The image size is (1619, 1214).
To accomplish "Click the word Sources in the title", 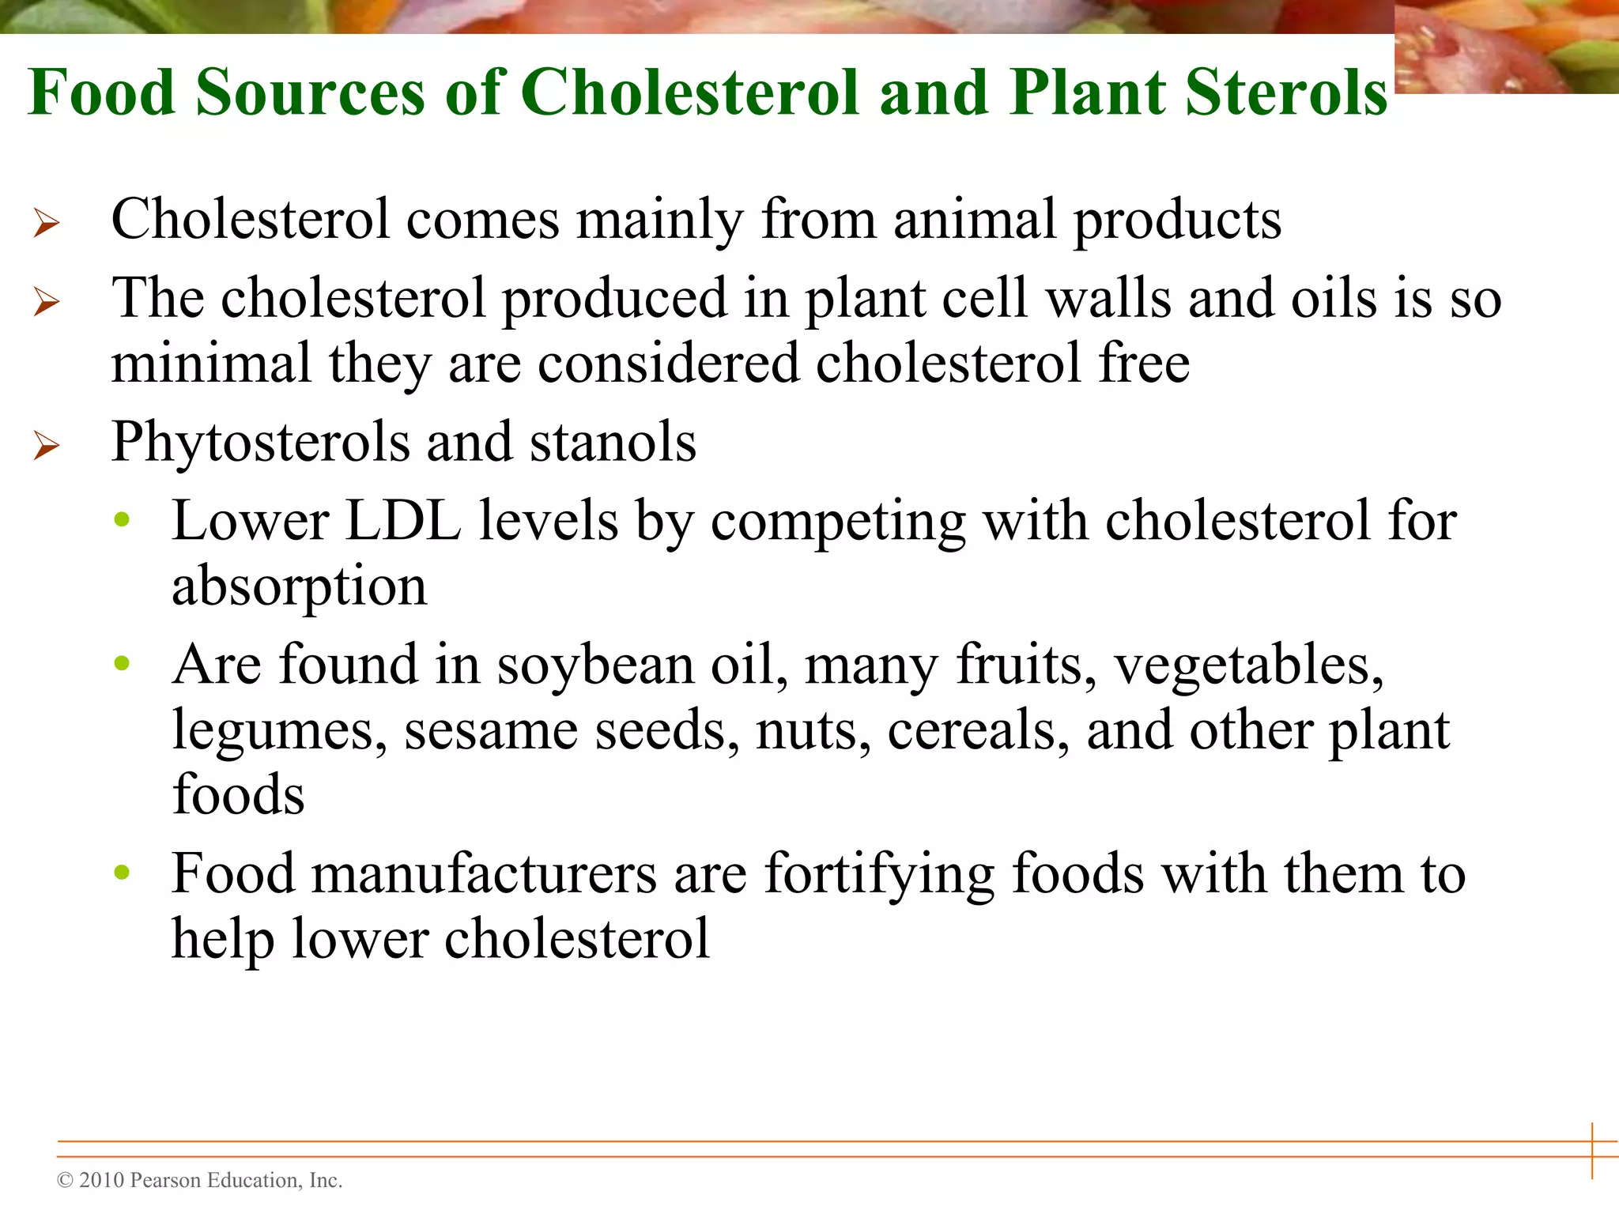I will coord(310,92).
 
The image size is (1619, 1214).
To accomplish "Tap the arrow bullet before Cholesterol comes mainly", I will coord(47,223).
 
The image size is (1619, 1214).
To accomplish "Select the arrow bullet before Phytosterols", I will coord(47,446).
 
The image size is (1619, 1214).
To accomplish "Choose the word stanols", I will coord(613,442).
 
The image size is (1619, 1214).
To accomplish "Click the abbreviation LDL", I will coord(403,522).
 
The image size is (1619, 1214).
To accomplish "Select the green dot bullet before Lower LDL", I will coord(122,520).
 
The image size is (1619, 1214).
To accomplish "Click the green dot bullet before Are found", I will coord(122,663).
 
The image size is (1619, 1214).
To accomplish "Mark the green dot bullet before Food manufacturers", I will coord(122,873).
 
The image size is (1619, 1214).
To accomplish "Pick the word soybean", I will coord(595,665).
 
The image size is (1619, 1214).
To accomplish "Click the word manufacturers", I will coord(413,874).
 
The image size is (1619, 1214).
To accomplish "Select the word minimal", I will coord(211,364).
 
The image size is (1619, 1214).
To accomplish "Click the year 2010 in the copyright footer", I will coord(102,1180).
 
